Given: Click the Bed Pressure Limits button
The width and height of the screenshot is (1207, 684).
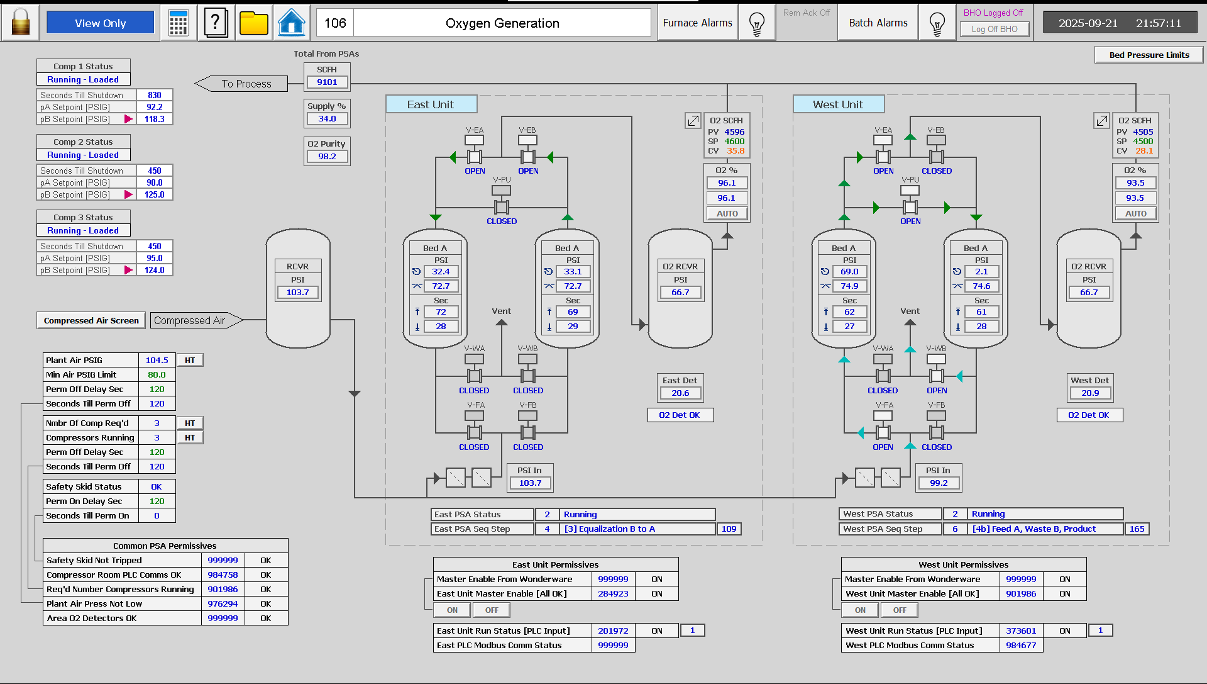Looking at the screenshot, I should (1149, 55).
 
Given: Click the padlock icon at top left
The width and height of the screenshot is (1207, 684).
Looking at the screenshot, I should (21, 23).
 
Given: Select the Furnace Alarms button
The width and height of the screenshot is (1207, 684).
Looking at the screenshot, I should (697, 23).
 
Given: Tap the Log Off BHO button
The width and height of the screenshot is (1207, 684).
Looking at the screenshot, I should (994, 29).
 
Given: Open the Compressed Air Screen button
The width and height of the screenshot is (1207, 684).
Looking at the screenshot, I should (91, 320).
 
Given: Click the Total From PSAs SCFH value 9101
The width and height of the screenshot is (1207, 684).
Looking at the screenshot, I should (327, 82).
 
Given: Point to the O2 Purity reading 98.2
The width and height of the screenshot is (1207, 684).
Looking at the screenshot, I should (327, 156).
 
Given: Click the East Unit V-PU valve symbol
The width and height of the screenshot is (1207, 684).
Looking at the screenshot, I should (501, 206).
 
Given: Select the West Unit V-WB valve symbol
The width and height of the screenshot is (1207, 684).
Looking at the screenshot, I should (936, 376).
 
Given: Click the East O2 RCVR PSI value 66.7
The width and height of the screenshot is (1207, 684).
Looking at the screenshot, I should (680, 292).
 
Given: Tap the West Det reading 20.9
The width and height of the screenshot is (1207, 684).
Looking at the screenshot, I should (1090, 393).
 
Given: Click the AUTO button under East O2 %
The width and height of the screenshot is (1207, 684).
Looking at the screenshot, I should (727, 213).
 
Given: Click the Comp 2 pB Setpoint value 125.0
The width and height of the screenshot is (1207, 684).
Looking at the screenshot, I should (155, 194).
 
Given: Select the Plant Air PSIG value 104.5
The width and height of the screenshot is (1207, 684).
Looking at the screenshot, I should (157, 360).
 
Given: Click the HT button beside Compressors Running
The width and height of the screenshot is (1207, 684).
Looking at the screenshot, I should (190, 437).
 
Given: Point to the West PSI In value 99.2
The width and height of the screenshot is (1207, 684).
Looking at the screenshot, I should (938, 483).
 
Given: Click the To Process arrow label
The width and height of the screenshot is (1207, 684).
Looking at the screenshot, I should (246, 84).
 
